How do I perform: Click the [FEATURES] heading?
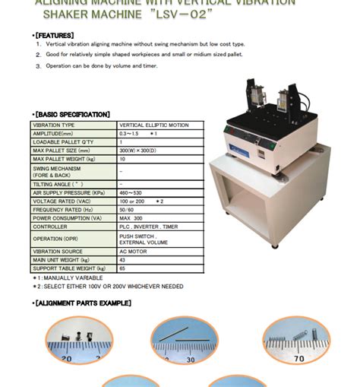54,35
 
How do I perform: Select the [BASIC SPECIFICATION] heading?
72,114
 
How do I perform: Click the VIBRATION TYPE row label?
52,125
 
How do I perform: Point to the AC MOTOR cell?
132,251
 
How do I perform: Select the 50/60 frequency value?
128,209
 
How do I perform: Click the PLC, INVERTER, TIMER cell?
148,227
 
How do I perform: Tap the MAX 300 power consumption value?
131,217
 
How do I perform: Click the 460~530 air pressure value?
131,192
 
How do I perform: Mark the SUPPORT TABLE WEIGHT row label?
65,268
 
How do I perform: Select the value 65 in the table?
122,268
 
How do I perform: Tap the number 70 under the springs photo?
298,357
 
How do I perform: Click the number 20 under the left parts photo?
67,358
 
